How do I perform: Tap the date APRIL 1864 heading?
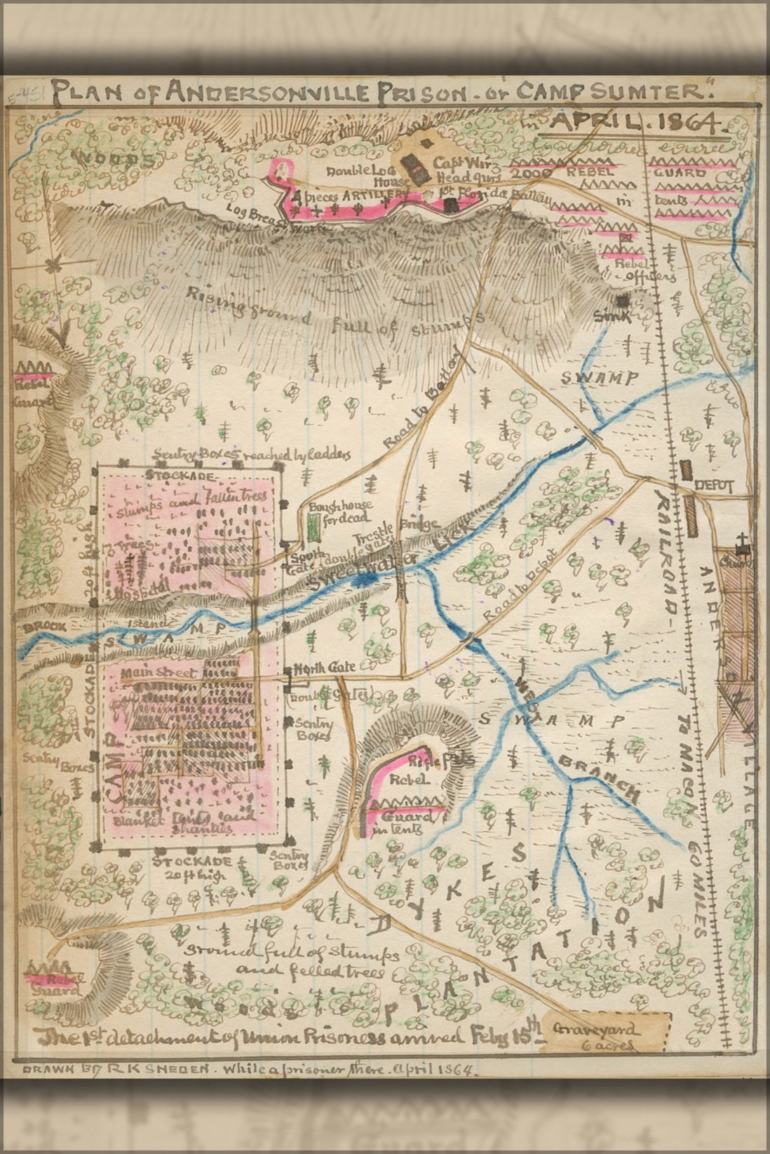(x=636, y=122)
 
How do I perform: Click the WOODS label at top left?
(x=116, y=158)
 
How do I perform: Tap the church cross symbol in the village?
(x=741, y=542)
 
